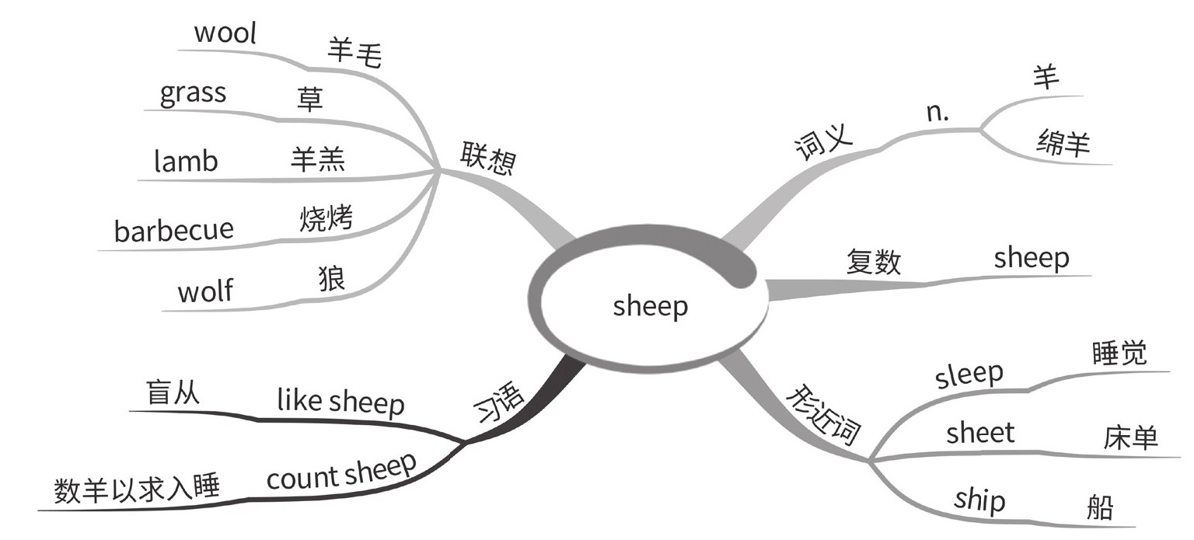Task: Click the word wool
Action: tap(225, 34)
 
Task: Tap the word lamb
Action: tap(186, 162)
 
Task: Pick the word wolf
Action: tap(205, 291)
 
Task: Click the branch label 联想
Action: tap(487, 158)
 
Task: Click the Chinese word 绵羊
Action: tap(1063, 144)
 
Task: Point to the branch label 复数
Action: tap(873, 261)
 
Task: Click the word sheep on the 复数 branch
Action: tap(1031, 258)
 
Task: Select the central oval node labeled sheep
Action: tap(651, 306)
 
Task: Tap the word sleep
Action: tap(969, 375)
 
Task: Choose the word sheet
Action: tap(980, 433)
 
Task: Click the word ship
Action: tap(979, 500)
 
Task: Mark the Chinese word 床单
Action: tap(1130, 438)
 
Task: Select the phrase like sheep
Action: tap(340, 402)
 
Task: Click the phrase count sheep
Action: tap(341, 472)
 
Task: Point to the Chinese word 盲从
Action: tap(173, 392)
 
